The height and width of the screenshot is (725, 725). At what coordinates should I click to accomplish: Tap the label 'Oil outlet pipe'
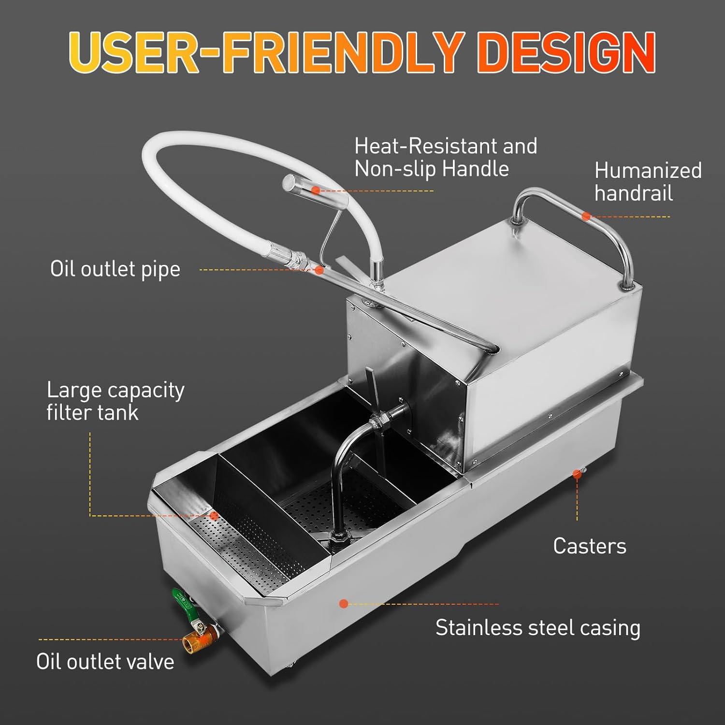click(x=115, y=269)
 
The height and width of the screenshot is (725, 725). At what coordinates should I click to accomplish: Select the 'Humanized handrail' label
click(x=648, y=182)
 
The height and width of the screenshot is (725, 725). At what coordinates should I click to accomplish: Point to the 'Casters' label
click(x=589, y=546)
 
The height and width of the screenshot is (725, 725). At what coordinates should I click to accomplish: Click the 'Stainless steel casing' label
click(x=537, y=628)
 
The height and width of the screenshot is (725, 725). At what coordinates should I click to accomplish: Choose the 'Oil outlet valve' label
click(x=105, y=662)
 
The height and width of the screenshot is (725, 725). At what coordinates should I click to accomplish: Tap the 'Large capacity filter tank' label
click(x=115, y=401)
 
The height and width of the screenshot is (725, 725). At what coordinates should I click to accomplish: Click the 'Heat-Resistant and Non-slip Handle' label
click(x=445, y=157)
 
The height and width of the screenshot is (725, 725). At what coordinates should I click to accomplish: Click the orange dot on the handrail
click(x=586, y=217)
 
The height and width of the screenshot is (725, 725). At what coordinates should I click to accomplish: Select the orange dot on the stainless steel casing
click(x=344, y=604)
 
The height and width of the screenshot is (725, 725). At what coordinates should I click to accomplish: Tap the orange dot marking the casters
click(x=577, y=475)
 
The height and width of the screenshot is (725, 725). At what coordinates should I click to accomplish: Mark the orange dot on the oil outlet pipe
click(x=319, y=270)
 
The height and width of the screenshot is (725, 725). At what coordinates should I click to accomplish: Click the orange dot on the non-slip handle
click(x=315, y=190)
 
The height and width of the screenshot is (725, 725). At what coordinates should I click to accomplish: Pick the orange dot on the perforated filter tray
click(x=214, y=516)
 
